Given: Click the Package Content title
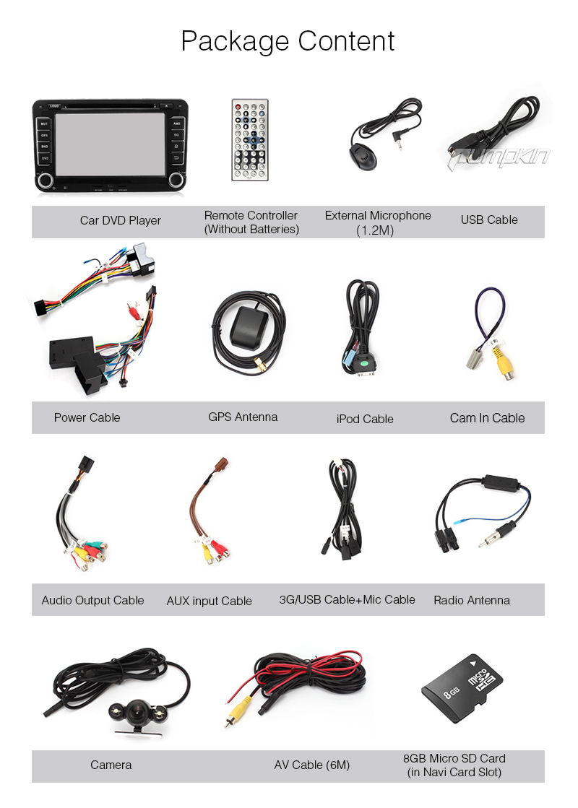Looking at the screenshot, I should tap(288, 41).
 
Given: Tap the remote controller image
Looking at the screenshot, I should tap(249, 140).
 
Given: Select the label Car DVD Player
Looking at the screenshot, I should tap(121, 220).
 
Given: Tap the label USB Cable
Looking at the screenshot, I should tap(489, 220).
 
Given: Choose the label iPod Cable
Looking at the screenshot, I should tap(365, 419).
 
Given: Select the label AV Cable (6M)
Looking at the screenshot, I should tap(311, 765).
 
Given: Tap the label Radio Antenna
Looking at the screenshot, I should tap(472, 600).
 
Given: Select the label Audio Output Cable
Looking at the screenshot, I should tap(92, 600).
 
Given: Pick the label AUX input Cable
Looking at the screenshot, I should tap(209, 601).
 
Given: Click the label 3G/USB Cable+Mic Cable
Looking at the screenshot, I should tap(347, 599).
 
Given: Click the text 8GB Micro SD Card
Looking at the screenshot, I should tap(454, 758).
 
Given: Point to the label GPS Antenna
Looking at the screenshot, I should tap(243, 417).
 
